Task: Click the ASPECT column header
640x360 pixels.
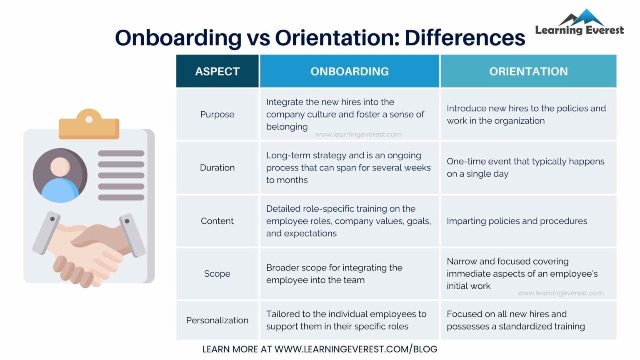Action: (x=217, y=71)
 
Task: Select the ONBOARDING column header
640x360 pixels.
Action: (x=349, y=71)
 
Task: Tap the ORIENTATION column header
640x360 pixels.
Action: (x=528, y=71)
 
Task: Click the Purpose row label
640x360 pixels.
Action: (x=217, y=114)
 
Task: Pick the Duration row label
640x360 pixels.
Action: (x=217, y=167)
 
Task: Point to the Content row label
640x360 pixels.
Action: (x=217, y=221)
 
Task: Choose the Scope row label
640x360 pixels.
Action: (x=217, y=274)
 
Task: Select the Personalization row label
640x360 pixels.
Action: (x=217, y=320)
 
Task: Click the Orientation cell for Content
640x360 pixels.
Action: (x=517, y=221)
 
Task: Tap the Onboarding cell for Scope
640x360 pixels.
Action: (x=334, y=274)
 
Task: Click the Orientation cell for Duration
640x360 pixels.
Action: (x=525, y=167)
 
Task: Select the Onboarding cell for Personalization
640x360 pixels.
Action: (x=346, y=320)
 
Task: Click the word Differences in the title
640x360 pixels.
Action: (x=465, y=38)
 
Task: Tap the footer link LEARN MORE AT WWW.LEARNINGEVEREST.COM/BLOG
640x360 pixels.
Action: (x=320, y=349)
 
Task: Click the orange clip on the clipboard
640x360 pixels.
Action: (x=89, y=125)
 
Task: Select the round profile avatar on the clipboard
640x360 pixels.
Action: (x=60, y=175)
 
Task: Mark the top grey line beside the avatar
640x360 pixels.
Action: (x=121, y=153)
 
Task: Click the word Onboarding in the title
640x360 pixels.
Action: (x=178, y=38)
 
